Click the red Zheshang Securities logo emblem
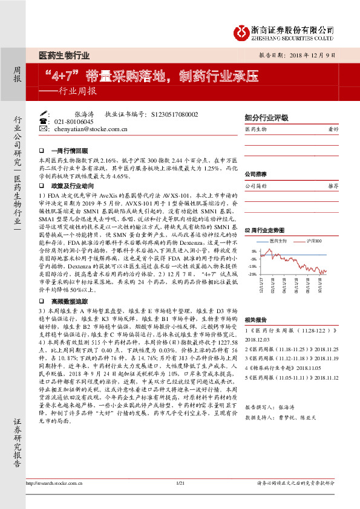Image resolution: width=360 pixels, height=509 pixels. click(243, 32)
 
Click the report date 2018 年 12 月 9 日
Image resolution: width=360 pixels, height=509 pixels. click(313, 54)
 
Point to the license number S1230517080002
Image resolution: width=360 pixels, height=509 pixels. click(175, 114)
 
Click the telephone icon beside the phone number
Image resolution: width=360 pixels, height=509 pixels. click(43, 122)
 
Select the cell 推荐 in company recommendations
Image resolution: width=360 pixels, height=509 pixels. click(332, 186)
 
